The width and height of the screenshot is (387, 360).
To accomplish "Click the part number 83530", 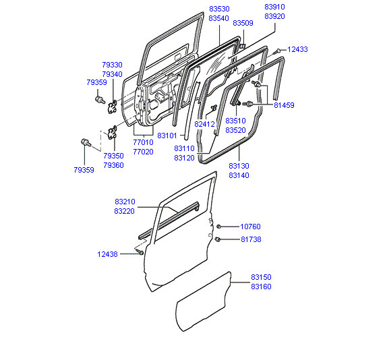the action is pyautogui.click(x=219, y=9).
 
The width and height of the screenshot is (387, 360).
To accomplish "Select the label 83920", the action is pyautogui.click(x=274, y=16).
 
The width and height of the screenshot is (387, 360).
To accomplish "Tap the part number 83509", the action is pyautogui.click(x=243, y=23).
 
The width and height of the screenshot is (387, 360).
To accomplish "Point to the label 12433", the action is pyautogui.click(x=297, y=49).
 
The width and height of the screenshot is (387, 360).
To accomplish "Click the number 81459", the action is pyautogui.click(x=284, y=105).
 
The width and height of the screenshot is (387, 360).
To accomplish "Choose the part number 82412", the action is pyautogui.click(x=204, y=124).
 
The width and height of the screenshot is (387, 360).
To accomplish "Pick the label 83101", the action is pyautogui.click(x=167, y=136).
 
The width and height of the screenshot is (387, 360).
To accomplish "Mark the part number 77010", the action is pyautogui.click(x=143, y=142).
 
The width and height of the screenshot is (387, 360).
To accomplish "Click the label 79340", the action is pyautogui.click(x=112, y=74).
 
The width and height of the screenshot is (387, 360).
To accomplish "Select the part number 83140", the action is pyautogui.click(x=239, y=175).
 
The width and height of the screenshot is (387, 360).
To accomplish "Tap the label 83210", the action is pyautogui.click(x=125, y=202).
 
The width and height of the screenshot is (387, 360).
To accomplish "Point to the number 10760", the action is pyautogui.click(x=250, y=227).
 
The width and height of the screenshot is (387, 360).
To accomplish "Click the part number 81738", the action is pyautogui.click(x=251, y=239).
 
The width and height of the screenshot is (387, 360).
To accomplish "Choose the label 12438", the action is pyautogui.click(x=107, y=254).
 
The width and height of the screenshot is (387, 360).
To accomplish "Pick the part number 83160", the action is pyautogui.click(x=261, y=287).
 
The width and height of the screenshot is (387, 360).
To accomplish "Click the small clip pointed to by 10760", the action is pyautogui.click(x=218, y=227).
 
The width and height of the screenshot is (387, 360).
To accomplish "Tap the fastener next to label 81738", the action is pyautogui.click(x=218, y=239).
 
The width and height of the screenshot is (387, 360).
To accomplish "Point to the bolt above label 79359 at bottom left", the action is pyautogui.click(x=86, y=142).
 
